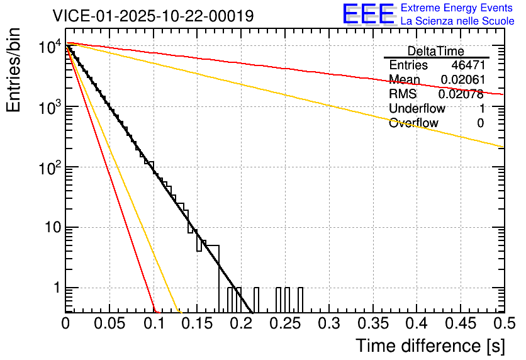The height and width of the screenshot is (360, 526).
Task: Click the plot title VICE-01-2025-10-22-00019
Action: (154, 16)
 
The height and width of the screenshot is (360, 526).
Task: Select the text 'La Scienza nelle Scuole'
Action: (457, 21)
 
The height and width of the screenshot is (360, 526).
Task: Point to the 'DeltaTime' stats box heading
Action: (436, 51)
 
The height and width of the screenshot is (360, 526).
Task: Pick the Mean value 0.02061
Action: (462, 80)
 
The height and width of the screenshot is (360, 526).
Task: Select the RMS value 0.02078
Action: (461, 94)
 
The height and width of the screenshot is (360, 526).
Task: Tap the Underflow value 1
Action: (481, 109)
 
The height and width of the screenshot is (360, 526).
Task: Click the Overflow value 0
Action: (480, 123)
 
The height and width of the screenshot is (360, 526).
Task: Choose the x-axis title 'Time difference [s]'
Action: (430, 346)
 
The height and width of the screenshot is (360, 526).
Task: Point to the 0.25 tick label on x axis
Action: (285, 323)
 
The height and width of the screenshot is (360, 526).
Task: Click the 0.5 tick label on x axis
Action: (503, 323)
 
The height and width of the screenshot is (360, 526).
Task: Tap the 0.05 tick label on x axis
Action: (109, 323)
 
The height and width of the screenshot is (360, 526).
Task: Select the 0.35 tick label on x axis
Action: (372, 323)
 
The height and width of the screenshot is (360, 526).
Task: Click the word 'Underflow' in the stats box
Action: (417, 109)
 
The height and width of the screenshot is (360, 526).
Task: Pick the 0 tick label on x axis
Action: (66, 323)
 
